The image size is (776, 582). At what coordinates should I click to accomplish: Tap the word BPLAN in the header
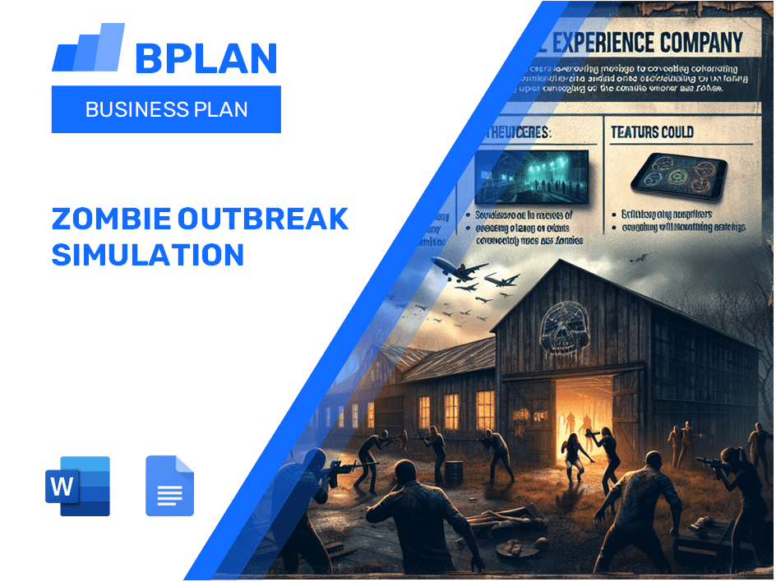pos(206,58)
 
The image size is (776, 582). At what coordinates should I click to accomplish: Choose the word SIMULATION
pos(148,255)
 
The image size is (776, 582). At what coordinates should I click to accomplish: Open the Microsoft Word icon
pos(79,486)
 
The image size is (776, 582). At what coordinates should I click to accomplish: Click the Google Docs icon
pos(169,486)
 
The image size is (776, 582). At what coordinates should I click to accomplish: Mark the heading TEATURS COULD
pos(653,132)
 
